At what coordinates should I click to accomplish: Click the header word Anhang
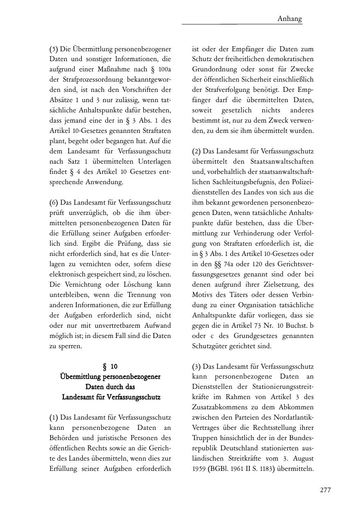coord(289,18)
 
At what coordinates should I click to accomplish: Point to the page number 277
coord(325,490)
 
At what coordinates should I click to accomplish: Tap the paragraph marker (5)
coord(54,49)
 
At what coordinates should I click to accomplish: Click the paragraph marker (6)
coord(54,203)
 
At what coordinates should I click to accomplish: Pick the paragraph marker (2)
coord(197,151)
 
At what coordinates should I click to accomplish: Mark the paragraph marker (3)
coord(197,366)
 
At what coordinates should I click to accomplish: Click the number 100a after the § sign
coord(164,70)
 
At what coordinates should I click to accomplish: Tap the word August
coord(301,459)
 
